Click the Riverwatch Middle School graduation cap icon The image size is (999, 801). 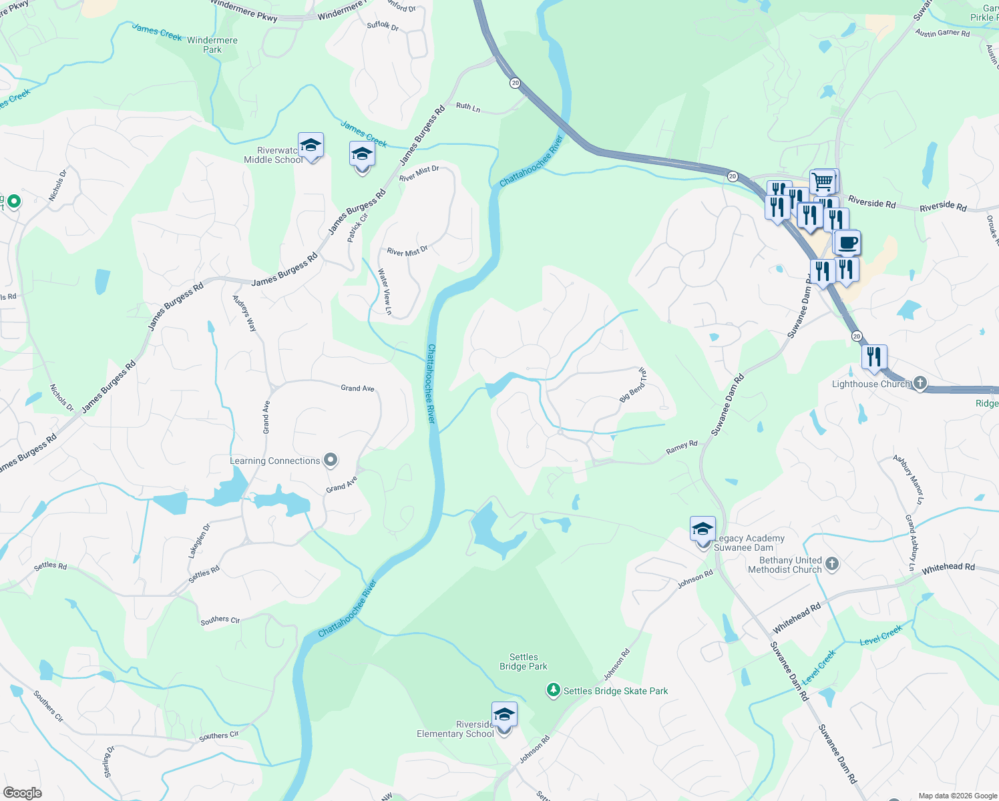pos(311,145)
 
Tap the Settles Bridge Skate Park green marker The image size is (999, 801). pos(553,690)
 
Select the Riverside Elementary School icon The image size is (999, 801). pos(504,715)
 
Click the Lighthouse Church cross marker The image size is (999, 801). pos(920,383)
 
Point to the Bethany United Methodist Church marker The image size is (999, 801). pos(831,564)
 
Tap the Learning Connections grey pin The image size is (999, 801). pos(330,460)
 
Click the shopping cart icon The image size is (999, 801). pos(823,182)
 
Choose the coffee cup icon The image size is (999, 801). pos(847,243)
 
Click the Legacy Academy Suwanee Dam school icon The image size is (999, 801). pos(703,529)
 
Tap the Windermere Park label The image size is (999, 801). pos(212,45)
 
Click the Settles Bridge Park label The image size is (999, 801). pos(524,661)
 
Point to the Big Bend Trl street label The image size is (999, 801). pos(633,384)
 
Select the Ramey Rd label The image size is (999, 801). pos(681,447)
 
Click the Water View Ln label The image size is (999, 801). pos(384,291)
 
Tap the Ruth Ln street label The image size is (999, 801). pos(467,107)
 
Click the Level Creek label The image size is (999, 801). pos(881,634)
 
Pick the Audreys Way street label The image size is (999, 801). pos(244,313)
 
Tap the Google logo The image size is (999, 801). pos(22,792)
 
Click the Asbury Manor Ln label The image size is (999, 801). pos(910,479)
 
